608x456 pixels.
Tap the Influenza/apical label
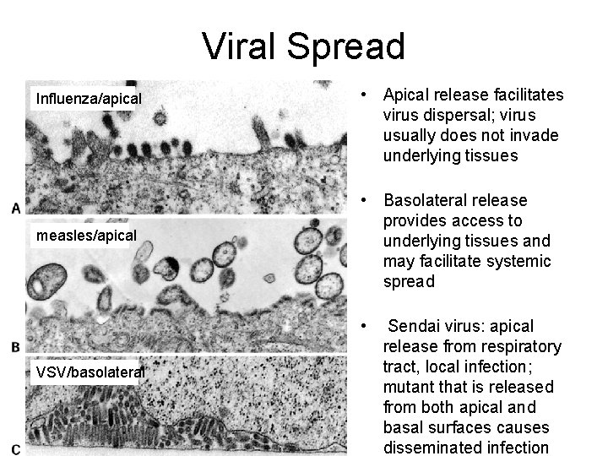click(x=88, y=100)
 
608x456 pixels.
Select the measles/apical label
click(x=86, y=236)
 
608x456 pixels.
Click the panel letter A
click(x=16, y=208)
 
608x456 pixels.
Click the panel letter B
click(x=16, y=347)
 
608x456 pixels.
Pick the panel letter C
click(x=16, y=448)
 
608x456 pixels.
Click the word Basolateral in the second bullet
click(x=425, y=201)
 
